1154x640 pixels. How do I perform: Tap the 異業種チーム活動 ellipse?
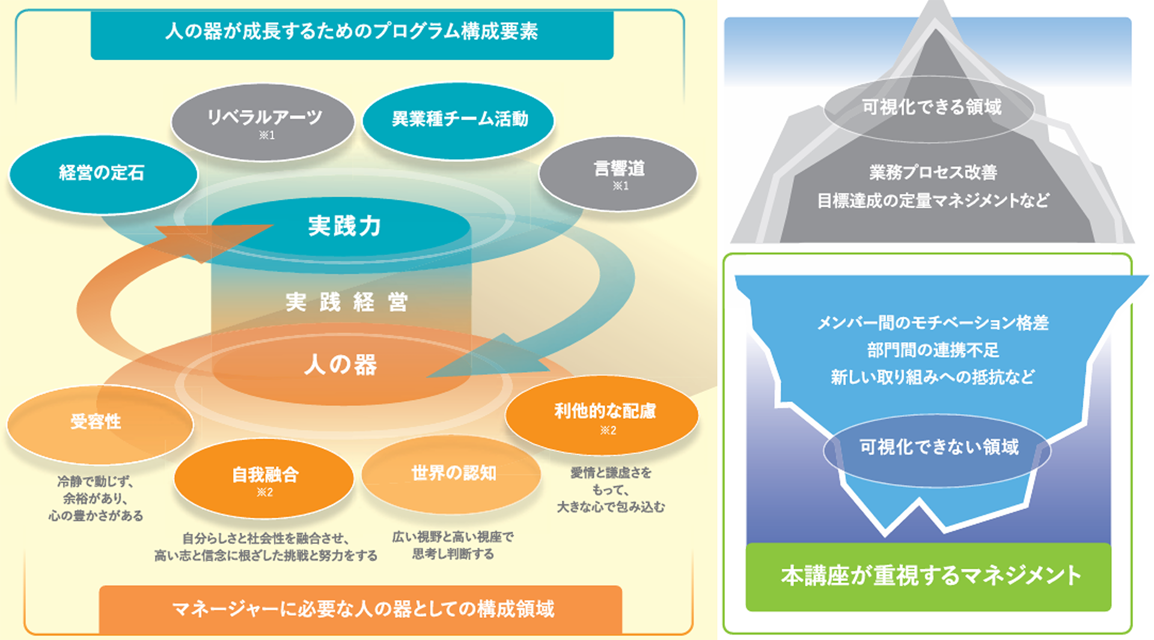pos(459,120)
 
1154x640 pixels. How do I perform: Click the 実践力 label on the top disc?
pos(344,227)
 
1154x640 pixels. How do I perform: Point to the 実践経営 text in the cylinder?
pos(346,302)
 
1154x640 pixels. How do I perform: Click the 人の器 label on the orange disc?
pos(341,365)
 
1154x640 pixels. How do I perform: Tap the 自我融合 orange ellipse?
pos(264,479)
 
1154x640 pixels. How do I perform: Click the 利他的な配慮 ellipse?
pos(603,415)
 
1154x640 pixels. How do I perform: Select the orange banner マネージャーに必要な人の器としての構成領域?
pos(361,609)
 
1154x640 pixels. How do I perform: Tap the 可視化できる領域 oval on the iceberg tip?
pos(930,108)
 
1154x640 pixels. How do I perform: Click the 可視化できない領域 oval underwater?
pos(938,448)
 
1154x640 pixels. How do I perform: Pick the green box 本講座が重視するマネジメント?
pos(929,576)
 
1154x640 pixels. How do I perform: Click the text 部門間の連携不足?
pos(932,350)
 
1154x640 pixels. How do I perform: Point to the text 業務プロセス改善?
pos(932,173)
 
